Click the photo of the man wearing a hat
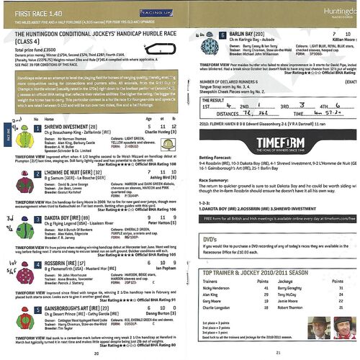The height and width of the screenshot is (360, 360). (x=310, y=339)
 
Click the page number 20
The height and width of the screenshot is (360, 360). (x=96, y=353)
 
